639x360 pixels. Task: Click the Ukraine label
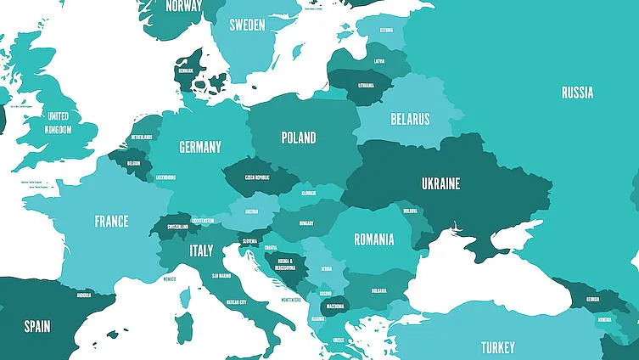[x=440, y=183]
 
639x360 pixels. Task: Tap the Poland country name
[x=299, y=138]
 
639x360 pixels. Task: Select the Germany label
[x=200, y=147]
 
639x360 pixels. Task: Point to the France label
[x=111, y=222]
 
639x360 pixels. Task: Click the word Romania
[x=373, y=239]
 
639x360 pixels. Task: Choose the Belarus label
[x=410, y=119]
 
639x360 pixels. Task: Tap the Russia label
[x=577, y=93]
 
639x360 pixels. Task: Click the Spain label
[x=36, y=326]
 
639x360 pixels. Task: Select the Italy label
[x=201, y=251]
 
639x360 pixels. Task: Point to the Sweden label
[x=248, y=25]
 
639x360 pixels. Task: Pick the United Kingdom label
[x=58, y=122]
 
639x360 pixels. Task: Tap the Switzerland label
[x=178, y=228]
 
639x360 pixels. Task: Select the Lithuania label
[x=366, y=86]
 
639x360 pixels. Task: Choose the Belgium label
[x=133, y=163]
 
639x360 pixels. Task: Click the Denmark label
[x=185, y=71]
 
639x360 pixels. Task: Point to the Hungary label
[x=306, y=223]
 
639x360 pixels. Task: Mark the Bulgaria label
[x=378, y=290]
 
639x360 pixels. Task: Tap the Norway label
[x=183, y=6]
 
